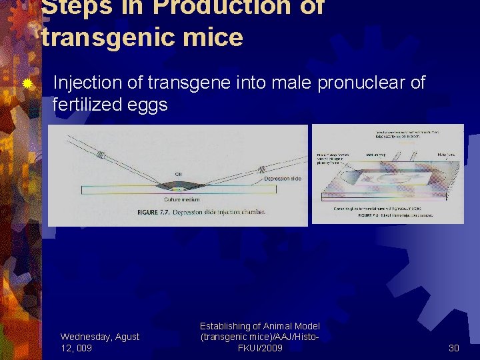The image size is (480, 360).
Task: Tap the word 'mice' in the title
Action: [217, 37]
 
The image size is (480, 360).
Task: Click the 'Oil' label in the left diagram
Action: [178, 175]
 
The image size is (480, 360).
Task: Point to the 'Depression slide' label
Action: [282, 179]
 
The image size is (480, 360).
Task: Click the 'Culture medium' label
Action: [183, 200]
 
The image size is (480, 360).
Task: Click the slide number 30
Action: [454, 347]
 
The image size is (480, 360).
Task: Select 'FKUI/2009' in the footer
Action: [260, 347]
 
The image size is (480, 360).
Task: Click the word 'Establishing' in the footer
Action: [225, 326]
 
